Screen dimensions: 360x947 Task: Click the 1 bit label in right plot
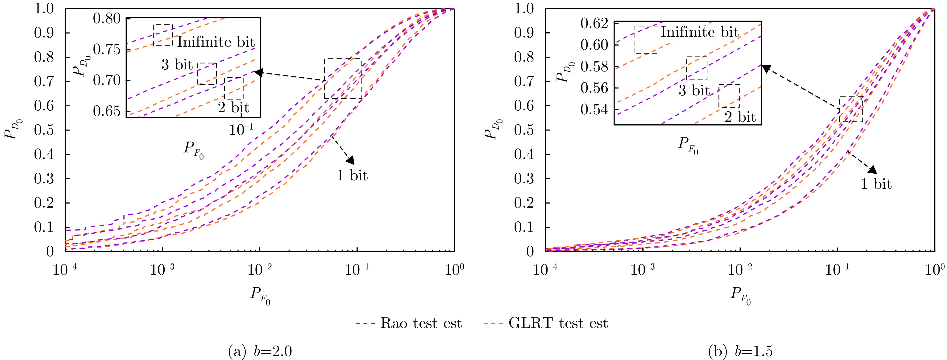876,184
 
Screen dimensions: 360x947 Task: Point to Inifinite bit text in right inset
700,32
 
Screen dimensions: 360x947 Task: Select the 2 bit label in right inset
740,117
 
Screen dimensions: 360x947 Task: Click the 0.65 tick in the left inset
107,111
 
